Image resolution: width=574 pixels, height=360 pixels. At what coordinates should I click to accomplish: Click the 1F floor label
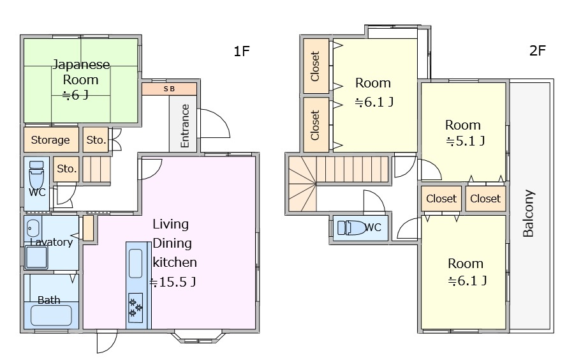click(242, 51)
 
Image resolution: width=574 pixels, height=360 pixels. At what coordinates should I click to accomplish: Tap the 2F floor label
click(538, 50)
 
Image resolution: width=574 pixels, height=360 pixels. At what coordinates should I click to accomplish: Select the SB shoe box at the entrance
click(169, 89)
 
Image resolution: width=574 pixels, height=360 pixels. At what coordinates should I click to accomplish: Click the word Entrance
click(185, 126)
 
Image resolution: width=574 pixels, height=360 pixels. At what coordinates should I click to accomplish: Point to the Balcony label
click(528, 213)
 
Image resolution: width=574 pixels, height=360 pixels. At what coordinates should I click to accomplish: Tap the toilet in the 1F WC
click(36, 174)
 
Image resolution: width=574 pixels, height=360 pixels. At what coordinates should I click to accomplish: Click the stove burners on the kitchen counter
click(135, 308)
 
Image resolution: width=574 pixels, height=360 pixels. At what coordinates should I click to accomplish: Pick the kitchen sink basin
click(135, 264)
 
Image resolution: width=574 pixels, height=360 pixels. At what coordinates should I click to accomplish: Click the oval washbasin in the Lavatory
click(33, 229)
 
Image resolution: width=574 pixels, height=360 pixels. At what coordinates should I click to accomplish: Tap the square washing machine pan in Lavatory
click(36, 257)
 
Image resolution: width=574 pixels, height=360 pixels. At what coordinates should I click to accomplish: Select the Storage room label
click(50, 140)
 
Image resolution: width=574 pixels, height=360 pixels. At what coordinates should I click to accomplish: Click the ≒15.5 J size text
click(172, 282)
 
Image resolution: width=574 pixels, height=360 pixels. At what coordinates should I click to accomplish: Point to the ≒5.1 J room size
click(466, 141)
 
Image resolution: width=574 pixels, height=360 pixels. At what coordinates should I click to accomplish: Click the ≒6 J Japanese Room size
click(75, 95)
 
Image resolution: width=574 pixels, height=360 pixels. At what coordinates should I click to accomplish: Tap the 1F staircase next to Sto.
click(96, 169)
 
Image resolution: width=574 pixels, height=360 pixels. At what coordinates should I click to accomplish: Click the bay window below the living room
click(198, 337)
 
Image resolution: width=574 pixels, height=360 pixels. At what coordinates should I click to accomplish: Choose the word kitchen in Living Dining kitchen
click(175, 262)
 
